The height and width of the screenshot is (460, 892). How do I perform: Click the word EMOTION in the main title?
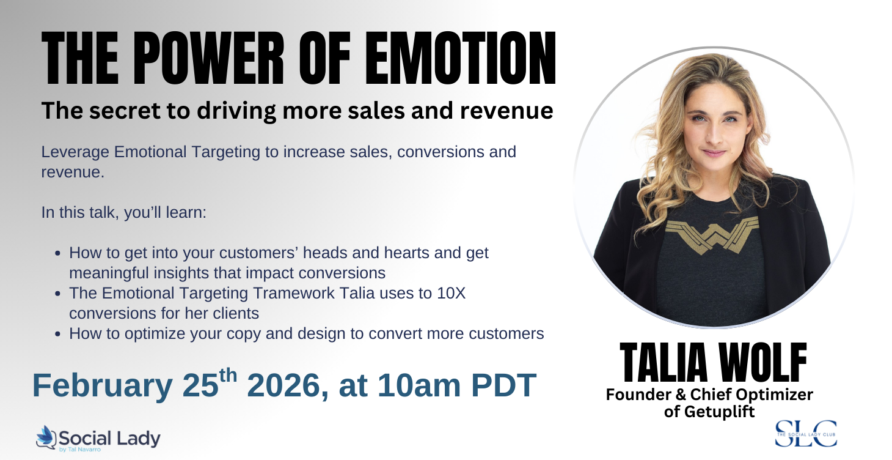(460, 58)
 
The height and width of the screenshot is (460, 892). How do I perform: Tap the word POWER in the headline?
(208, 58)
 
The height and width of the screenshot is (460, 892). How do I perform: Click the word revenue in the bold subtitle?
(506, 111)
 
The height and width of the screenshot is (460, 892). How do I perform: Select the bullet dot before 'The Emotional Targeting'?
(58, 294)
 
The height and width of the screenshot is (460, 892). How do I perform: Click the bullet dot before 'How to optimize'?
(58, 334)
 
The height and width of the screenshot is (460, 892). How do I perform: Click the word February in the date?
(103, 386)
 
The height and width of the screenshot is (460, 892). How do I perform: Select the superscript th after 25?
(228, 376)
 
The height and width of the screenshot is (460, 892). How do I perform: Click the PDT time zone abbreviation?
(504, 385)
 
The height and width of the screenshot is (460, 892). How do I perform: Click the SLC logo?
(806, 433)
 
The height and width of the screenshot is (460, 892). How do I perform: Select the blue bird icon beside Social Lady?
(46, 437)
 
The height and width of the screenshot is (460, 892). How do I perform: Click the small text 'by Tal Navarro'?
(79, 450)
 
